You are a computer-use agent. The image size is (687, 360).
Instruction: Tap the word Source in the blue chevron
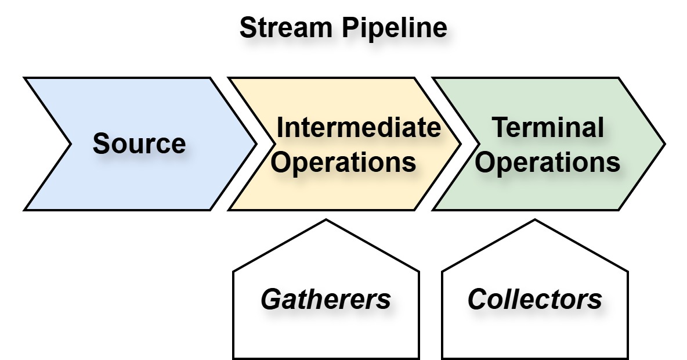coord(139,143)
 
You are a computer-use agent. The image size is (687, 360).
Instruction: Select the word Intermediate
coord(359,127)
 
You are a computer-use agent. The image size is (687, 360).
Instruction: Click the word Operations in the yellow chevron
coord(344,163)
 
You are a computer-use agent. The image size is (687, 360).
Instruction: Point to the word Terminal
coord(548,127)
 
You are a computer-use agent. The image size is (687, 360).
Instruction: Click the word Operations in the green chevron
coord(548,163)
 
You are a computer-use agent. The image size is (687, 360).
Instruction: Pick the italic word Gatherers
coord(326,300)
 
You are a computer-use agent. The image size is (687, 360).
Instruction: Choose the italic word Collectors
coord(534,300)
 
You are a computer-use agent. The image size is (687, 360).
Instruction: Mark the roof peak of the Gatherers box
coord(326,220)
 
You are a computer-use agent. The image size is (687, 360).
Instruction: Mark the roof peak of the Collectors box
coord(535,220)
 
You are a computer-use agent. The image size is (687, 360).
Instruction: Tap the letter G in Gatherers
coord(271,300)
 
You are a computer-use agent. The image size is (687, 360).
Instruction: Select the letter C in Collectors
coord(478,300)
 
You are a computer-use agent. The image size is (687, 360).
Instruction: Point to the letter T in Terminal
coord(500,127)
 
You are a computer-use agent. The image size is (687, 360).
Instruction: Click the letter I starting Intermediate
coord(280,127)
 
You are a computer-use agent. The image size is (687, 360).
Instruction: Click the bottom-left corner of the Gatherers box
coord(233,358)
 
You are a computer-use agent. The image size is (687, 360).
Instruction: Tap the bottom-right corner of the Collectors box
coord(628,358)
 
